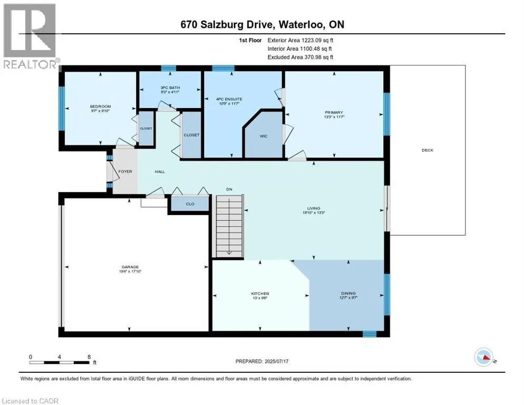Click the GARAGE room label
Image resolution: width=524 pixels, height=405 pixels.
click(x=130, y=267)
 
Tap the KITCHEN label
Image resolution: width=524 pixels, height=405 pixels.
click(x=260, y=293)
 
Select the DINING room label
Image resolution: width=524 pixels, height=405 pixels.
click(x=348, y=293)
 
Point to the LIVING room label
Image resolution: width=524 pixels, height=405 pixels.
click(x=314, y=208)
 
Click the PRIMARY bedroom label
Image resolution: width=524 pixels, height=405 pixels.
click(x=334, y=112)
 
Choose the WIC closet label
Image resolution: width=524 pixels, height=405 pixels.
click(x=264, y=136)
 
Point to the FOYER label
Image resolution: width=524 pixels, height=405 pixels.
click(x=125, y=172)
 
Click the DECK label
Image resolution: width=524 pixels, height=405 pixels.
click(x=427, y=150)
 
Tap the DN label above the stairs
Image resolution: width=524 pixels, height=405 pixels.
click(x=229, y=189)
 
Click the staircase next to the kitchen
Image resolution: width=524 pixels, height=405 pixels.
click(x=229, y=225)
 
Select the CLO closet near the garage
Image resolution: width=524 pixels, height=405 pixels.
click(x=190, y=205)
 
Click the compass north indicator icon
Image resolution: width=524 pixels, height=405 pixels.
click(x=484, y=358)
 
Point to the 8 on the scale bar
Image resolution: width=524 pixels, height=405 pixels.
click(x=89, y=356)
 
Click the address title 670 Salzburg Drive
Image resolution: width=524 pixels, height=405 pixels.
click(x=261, y=25)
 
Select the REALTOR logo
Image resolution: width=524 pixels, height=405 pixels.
click(x=30, y=37)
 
